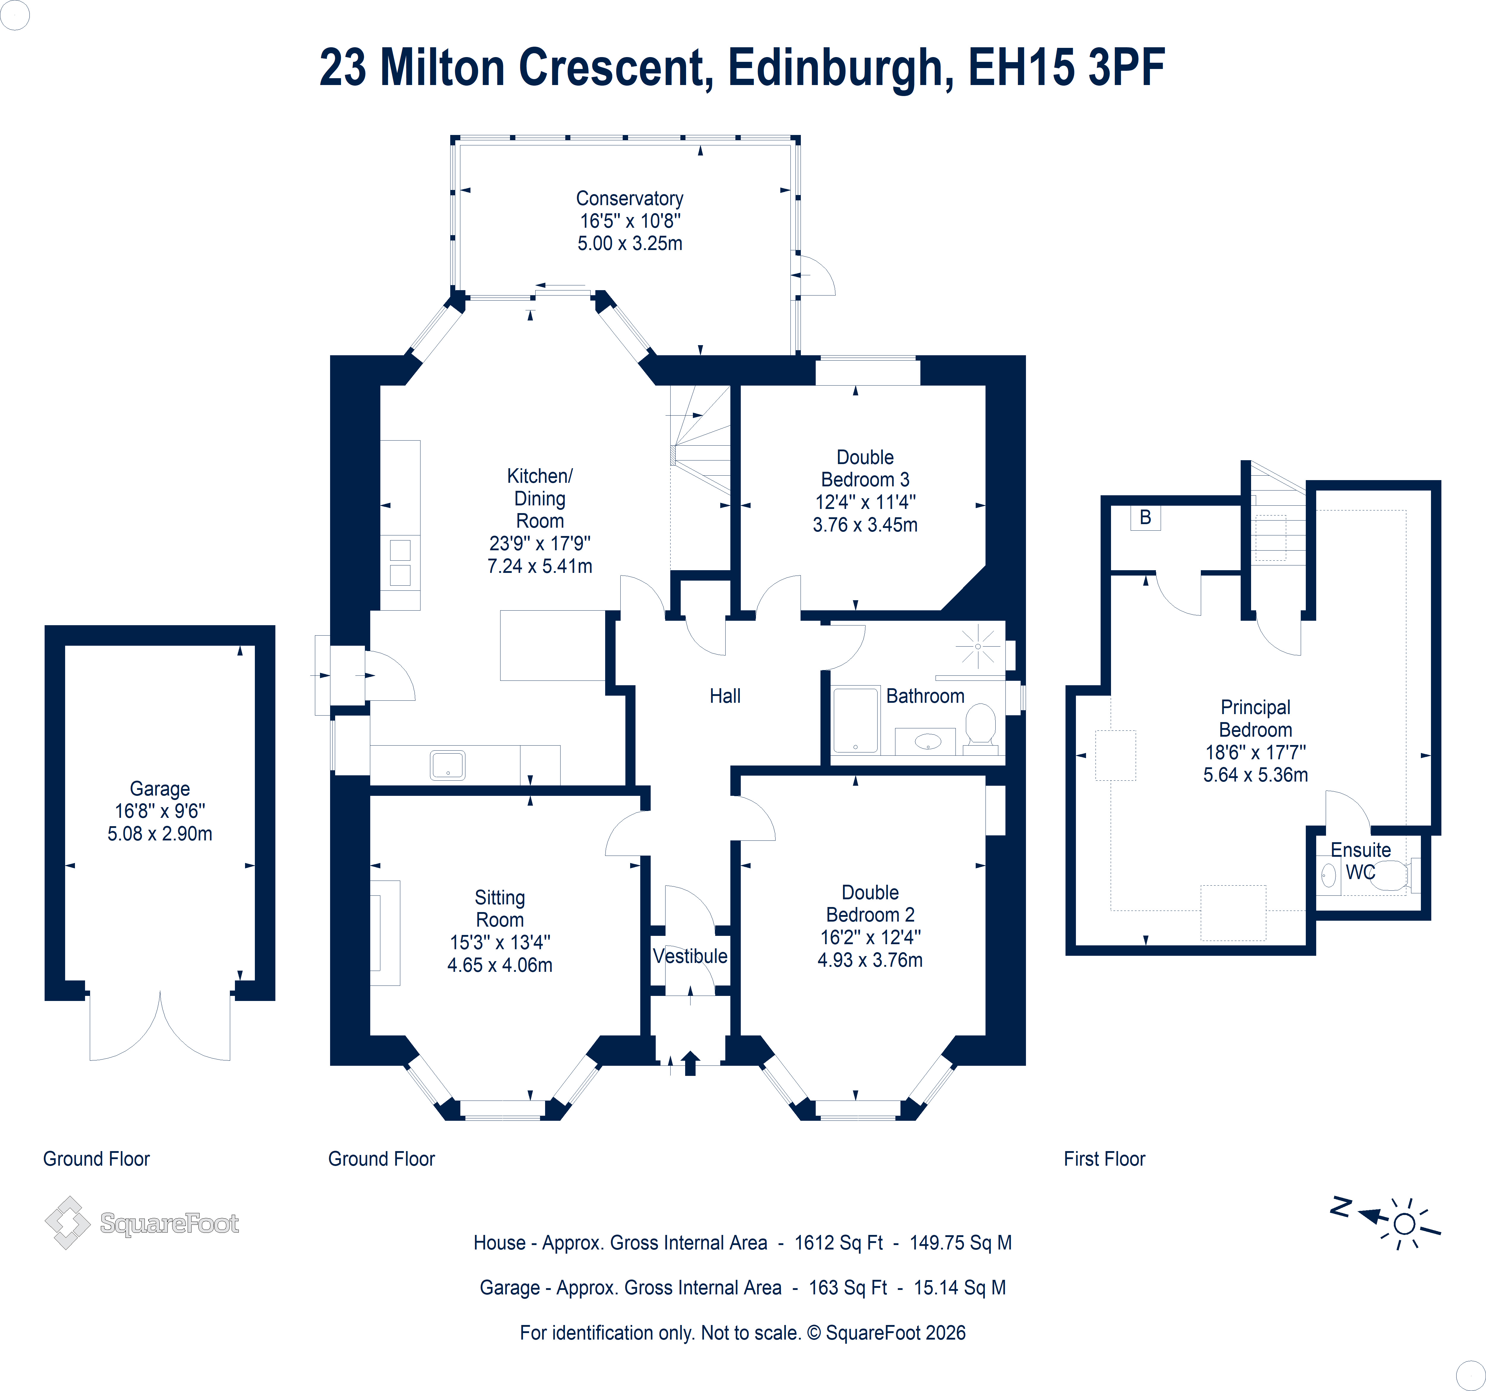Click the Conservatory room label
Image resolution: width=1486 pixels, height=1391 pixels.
pos(629,199)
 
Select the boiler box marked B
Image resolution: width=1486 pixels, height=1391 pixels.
pos(1145,517)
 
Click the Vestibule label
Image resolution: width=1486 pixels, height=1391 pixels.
pos(690,956)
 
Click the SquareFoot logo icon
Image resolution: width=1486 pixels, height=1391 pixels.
pos(67,1223)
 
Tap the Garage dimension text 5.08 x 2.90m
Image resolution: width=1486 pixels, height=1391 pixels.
pos(160,833)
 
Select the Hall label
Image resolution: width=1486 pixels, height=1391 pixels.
pos(725,696)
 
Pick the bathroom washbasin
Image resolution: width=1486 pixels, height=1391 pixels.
pos(928,741)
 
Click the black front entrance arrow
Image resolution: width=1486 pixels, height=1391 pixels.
pos(691,1063)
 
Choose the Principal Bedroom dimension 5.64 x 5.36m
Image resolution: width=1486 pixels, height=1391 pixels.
pos(1256,774)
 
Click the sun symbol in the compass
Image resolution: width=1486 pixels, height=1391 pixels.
pos(1405,1224)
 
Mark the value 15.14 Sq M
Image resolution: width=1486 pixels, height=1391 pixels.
pos(960,1287)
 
